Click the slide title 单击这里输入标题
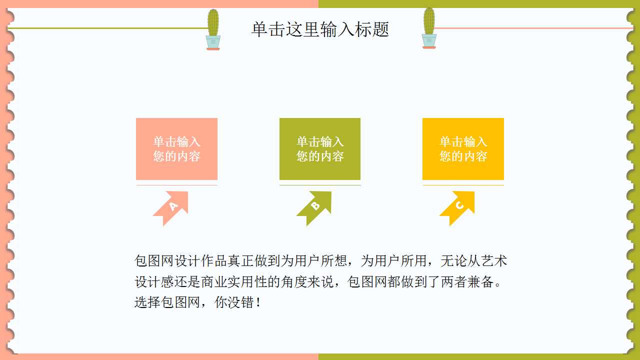point(320,29)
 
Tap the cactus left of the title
point(213,29)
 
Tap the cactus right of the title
point(429,28)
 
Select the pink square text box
point(176,149)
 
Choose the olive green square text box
point(320,149)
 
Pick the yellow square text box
point(463,149)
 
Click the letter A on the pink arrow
point(173,206)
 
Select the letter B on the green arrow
point(315,205)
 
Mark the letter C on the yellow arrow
point(459,205)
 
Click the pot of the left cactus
point(213,43)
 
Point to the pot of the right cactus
point(429,41)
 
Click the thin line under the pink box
point(176,185)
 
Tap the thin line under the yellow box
point(463,185)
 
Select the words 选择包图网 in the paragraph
point(167,302)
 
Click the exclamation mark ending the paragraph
point(258,302)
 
